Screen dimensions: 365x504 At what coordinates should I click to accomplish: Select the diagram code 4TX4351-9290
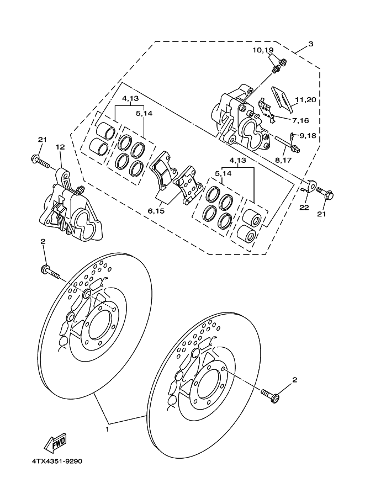click(x=57, y=461)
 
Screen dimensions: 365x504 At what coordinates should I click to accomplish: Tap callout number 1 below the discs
click(x=108, y=429)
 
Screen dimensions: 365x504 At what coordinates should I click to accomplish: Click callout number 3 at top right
click(x=310, y=44)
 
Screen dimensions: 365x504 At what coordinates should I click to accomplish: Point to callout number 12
click(x=60, y=147)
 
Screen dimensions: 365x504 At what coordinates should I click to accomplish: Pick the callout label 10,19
click(x=263, y=50)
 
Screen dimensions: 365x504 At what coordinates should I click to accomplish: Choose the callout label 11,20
click(x=306, y=100)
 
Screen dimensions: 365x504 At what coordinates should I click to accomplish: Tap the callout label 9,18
click(x=309, y=136)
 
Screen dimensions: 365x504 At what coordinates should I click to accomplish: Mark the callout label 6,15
click(x=156, y=211)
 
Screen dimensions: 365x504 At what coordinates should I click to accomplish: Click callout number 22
click(x=304, y=208)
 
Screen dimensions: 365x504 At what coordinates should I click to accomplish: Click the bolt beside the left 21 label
click(x=40, y=161)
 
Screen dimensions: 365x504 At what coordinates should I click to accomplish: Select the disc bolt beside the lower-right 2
click(x=271, y=396)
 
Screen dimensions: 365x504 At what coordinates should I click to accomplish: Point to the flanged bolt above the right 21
click(x=325, y=192)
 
